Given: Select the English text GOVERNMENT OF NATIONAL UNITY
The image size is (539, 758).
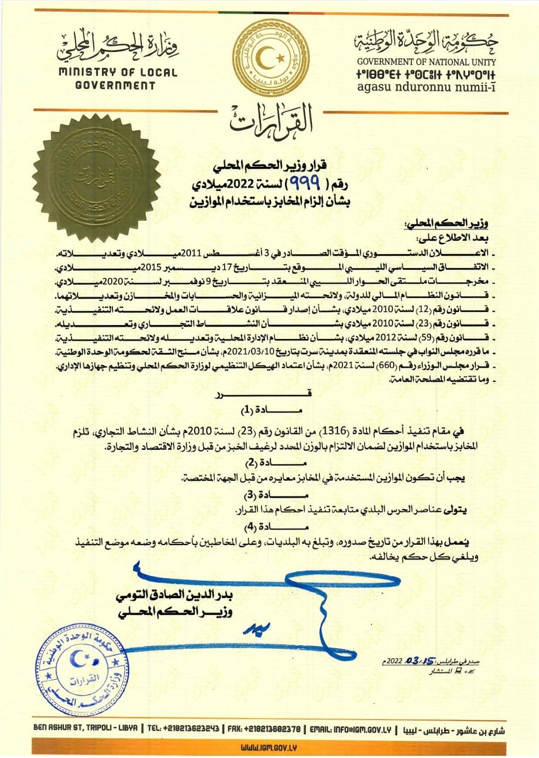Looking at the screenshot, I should point(426,62).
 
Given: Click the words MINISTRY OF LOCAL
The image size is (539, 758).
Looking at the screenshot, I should point(118,72).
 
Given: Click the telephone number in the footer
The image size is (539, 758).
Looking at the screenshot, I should point(183,729).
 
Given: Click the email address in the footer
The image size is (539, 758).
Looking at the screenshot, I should point(350,729).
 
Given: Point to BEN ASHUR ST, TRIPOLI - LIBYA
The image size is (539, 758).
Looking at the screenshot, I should point(85,728).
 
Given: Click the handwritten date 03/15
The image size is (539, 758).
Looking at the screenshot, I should point(420,661).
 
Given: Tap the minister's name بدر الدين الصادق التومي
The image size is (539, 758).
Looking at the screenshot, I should point(174,595).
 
